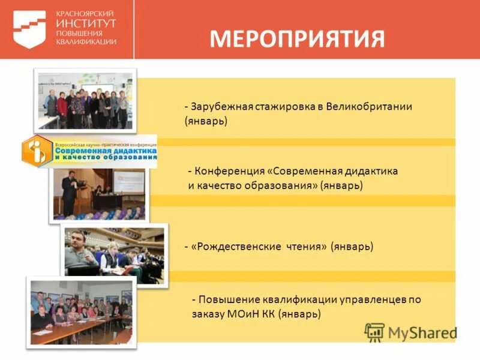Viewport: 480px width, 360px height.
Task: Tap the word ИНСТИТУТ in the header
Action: (x=86, y=22)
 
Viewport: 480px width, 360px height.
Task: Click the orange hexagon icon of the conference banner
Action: (x=37, y=151)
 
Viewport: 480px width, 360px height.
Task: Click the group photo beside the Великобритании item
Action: (x=84, y=100)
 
